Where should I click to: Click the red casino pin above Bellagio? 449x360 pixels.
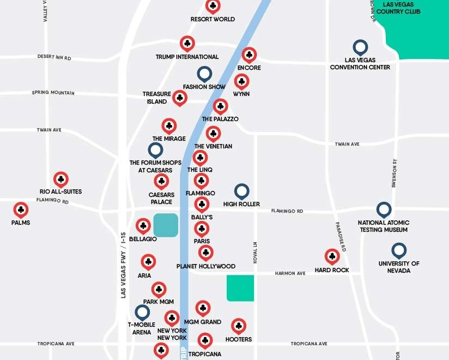pyautogui.click(x=143, y=225)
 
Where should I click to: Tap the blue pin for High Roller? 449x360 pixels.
pyautogui.click(x=241, y=191)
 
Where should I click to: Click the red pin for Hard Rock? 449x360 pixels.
pyautogui.click(x=332, y=256)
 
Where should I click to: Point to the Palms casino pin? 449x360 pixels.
pyautogui.click(x=21, y=209)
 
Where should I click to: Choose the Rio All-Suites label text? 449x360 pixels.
pyautogui.click(x=60, y=191)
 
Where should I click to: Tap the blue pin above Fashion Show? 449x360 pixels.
pyautogui.click(x=204, y=73)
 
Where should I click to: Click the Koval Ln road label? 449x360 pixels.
pyautogui.click(x=255, y=253)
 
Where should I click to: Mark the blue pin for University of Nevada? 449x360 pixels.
pyautogui.click(x=399, y=250)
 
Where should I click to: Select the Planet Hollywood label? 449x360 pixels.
pyautogui.click(x=206, y=266)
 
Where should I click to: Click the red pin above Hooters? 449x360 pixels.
pyautogui.click(x=238, y=326)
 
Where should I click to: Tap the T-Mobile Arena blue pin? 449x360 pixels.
pyautogui.click(x=142, y=312)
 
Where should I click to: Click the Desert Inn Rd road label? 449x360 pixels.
pyautogui.click(x=54, y=57)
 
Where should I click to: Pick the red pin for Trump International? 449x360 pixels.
pyautogui.click(x=187, y=43)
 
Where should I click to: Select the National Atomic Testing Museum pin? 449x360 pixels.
pyautogui.click(x=384, y=209)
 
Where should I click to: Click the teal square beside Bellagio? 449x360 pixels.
pyautogui.click(x=166, y=225)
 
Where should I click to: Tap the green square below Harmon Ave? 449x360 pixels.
pyautogui.click(x=240, y=288)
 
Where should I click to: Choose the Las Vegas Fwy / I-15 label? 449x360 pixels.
pyautogui.click(x=123, y=265)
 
